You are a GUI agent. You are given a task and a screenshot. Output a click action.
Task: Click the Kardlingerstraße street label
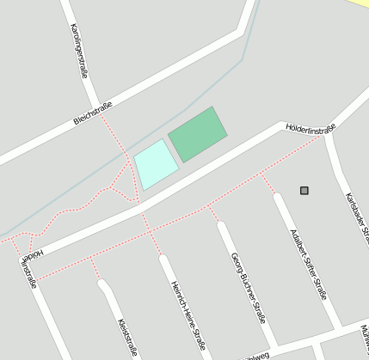coord(79,51)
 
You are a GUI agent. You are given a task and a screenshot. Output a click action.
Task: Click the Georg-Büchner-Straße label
coord(248,287)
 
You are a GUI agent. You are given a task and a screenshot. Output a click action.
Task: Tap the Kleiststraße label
coord(127,337)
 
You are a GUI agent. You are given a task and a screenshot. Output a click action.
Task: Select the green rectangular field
coord(198,134)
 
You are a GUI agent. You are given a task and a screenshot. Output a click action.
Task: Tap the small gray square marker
coord(304,190)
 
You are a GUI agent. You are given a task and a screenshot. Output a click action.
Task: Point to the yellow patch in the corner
coord(359,3)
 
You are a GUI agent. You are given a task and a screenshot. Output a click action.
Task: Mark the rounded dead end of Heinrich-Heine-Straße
coord(164,259)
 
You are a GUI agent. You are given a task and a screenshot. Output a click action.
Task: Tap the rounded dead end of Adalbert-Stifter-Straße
coord(278,198)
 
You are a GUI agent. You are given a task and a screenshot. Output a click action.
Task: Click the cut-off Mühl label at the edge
coord(365,336)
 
